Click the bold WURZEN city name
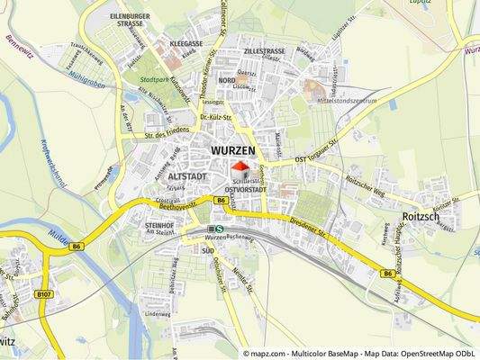(x=232, y=149)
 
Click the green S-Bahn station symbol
(x=219, y=229)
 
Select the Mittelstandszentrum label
(x=342, y=101)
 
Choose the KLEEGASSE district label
(x=185, y=42)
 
